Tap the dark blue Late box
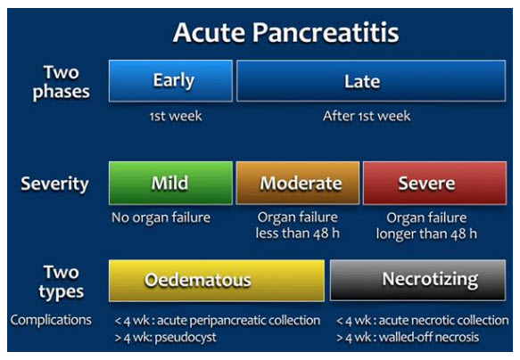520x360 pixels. pyautogui.click(x=362, y=81)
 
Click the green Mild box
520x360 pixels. pyautogui.click(x=169, y=184)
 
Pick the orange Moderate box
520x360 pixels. pyautogui.click(x=297, y=184)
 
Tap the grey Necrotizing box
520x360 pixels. pyautogui.click(x=418, y=280)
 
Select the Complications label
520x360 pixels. pyautogui.click(x=50, y=320)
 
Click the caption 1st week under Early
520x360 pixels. pyautogui.click(x=169, y=116)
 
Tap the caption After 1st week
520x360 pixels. pyautogui.click(x=362, y=116)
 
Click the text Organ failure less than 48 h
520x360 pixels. pyautogui.click(x=297, y=225)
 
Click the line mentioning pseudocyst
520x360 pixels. pyautogui.click(x=165, y=338)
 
